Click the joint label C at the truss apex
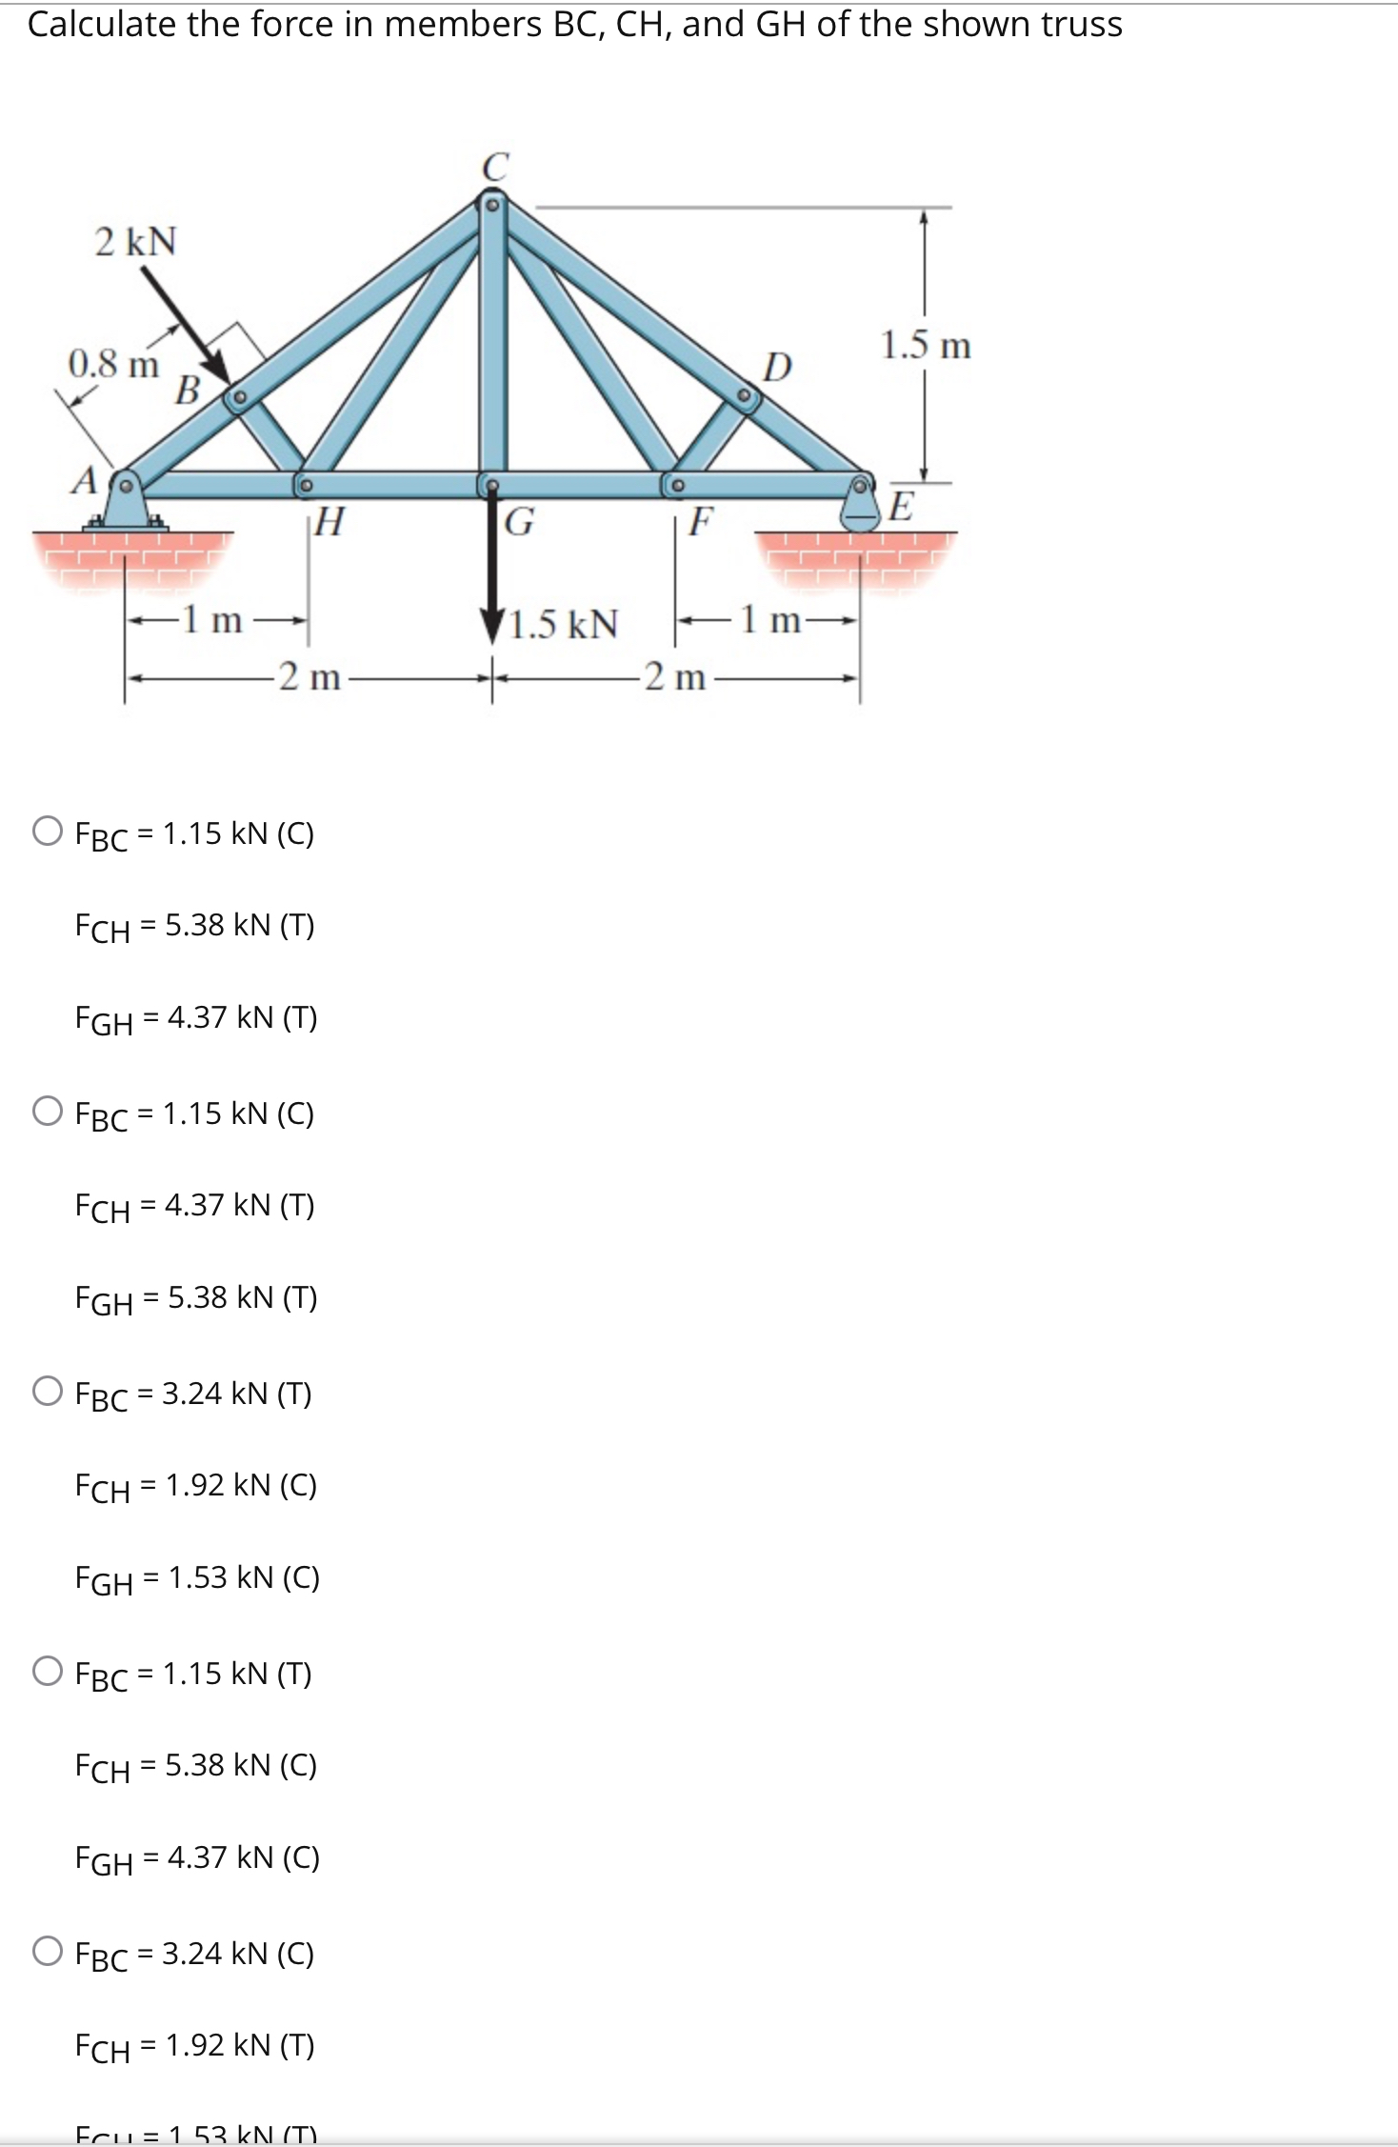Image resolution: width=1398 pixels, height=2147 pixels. coord(495,167)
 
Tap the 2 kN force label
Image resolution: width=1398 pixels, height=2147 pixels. coord(135,242)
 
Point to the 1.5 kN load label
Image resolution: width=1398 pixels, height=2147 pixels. coord(564,624)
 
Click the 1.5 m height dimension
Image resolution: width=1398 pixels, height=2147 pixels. coord(925,345)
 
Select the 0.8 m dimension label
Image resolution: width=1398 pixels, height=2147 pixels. coord(113,364)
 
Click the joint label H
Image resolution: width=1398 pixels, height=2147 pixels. coord(329,521)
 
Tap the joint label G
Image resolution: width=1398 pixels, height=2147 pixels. coord(519,522)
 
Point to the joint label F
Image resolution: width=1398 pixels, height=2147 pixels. coord(701,521)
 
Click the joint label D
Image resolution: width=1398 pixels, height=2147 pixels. coord(777,367)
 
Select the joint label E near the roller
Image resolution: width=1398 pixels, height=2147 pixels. coord(900,505)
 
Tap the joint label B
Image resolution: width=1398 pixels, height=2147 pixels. coord(188,390)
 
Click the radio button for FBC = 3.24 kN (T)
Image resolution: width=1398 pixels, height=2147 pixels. coord(48,1392)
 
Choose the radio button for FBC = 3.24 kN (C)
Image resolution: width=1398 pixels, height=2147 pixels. coord(48,1952)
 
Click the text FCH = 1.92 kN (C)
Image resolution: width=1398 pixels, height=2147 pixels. coord(195,1486)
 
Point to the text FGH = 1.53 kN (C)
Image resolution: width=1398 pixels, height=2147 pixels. coord(197,1578)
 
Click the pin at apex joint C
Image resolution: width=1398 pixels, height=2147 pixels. coord(492,204)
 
